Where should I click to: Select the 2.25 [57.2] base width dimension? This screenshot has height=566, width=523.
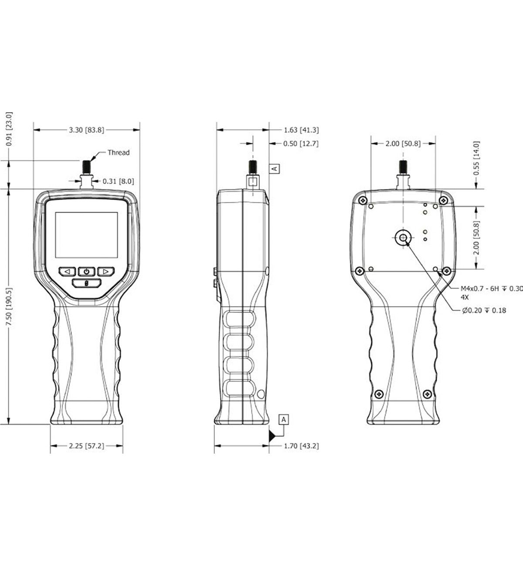click(x=86, y=446)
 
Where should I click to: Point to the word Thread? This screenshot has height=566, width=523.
click(x=119, y=152)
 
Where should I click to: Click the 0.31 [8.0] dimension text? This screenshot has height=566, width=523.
click(x=118, y=181)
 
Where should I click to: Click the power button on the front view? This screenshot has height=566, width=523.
click(x=87, y=272)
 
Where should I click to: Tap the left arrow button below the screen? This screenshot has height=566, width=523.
click(x=68, y=272)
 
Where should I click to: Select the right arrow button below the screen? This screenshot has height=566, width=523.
click(x=105, y=272)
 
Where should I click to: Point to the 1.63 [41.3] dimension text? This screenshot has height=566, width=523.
click(x=301, y=130)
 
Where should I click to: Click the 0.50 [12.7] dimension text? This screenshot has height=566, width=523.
click(x=301, y=144)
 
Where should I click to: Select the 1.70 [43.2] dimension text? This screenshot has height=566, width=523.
click(x=301, y=446)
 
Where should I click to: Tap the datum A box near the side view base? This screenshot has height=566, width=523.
click(x=284, y=419)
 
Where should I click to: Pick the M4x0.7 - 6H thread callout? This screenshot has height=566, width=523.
click(x=491, y=288)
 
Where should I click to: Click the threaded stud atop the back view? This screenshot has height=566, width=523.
click(x=403, y=167)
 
